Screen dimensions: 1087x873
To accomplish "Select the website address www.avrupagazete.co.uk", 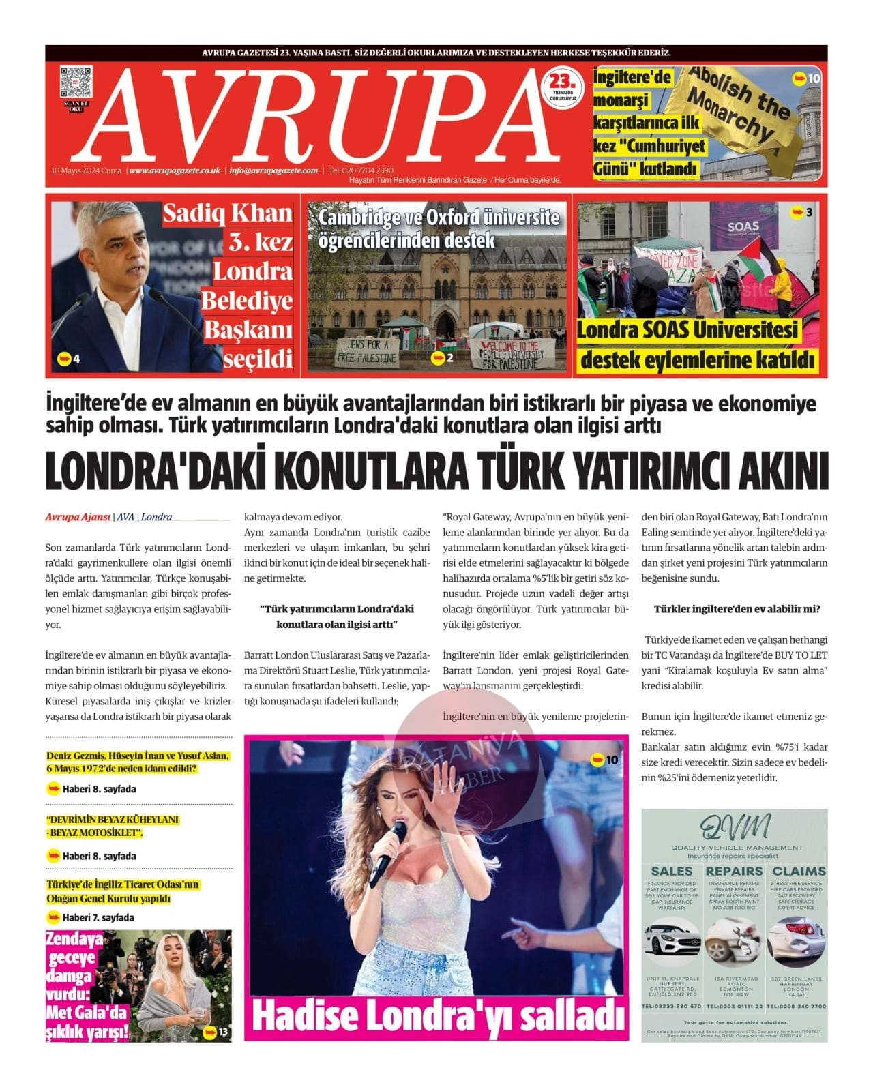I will pyautogui.click(x=174, y=170).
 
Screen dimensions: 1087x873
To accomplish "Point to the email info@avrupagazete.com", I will pyautogui.click(x=273, y=170).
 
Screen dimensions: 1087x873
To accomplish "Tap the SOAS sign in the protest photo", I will pyautogui.click(x=743, y=228).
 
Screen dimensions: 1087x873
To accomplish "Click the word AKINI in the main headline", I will pyautogui.click(x=778, y=471).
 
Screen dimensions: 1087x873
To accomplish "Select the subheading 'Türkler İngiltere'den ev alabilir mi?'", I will pyautogui.click(x=737, y=609).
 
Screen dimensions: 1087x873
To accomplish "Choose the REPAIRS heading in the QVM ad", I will pyautogui.click(x=734, y=871).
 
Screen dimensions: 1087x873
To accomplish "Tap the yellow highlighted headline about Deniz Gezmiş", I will pyautogui.click(x=137, y=762).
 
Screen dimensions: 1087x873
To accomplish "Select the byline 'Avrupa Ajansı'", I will pyautogui.click(x=77, y=517).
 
